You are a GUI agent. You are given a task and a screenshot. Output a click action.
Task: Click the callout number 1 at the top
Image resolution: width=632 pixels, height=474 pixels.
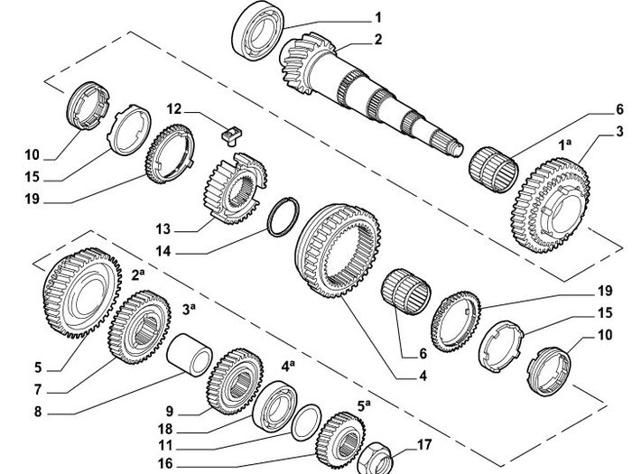[x=377, y=18]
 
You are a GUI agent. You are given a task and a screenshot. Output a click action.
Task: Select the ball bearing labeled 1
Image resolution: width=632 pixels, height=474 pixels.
[x=258, y=31]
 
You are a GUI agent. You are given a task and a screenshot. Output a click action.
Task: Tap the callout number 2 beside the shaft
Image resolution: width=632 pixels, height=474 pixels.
[x=377, y=40]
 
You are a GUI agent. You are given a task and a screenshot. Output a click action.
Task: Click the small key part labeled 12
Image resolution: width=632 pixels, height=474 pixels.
[x=231, y=135]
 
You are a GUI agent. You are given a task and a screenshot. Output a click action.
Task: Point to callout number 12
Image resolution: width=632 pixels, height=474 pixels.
[x=174, y=109]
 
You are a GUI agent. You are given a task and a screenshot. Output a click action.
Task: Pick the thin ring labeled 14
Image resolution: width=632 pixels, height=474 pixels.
[x=283, y=217]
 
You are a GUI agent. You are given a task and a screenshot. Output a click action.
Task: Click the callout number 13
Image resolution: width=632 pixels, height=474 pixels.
[x=163, y=229]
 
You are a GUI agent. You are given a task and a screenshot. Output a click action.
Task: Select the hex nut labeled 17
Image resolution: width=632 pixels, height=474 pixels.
[x=375, y=459]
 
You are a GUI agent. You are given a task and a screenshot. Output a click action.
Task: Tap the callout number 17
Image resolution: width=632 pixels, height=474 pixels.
[x=424, y=445]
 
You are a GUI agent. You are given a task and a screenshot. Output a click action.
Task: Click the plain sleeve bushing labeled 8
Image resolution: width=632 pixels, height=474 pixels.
[x=190, y=355]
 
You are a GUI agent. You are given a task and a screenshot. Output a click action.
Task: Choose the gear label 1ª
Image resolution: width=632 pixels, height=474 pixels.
[x=565, y=144]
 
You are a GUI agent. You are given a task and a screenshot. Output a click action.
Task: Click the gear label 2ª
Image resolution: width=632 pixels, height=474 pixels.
[x=138, y=274]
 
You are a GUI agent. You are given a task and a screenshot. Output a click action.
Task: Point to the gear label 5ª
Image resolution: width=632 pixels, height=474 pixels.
[x=364, y=405]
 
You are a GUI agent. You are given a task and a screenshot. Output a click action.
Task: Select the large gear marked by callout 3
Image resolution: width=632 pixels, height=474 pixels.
[x=551, y=205]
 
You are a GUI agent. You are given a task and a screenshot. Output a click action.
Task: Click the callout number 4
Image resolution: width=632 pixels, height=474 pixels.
[x=423, y=376]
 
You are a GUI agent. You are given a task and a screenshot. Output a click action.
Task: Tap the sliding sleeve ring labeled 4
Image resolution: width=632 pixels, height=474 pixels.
[x=338, y=251]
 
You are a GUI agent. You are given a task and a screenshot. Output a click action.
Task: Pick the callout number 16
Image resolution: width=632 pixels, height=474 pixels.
[x=165, y=463]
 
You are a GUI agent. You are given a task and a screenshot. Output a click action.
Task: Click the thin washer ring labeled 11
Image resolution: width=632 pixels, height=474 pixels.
[x=306, y=423]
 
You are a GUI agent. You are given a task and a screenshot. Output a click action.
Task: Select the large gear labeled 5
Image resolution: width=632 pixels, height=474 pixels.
[x=83, y=293]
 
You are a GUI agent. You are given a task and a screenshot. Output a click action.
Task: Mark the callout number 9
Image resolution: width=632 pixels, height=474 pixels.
[x=170, y=411]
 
